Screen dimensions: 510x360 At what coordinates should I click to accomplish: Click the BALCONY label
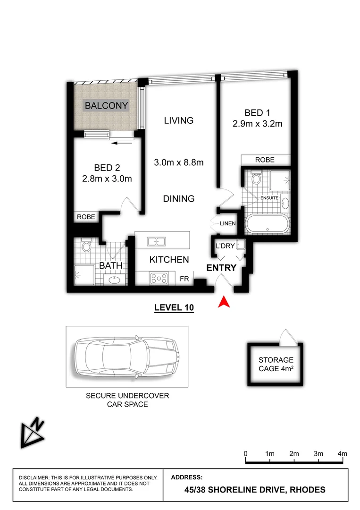point(106,105)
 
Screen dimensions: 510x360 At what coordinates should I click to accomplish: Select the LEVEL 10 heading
point(175,307)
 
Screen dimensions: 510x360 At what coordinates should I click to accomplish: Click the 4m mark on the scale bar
point(343,454)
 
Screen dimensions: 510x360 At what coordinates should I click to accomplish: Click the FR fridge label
point(184,279)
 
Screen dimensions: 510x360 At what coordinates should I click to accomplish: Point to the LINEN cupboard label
point(228,223)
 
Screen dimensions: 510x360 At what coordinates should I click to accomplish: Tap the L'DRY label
point(225,246)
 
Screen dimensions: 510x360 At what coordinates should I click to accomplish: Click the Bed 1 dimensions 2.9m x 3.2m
point(257,124)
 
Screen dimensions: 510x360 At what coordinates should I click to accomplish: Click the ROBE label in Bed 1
point(265,160)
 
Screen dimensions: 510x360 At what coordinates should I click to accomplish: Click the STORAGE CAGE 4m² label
point(276,364)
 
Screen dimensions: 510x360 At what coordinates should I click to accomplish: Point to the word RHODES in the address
point(308,490)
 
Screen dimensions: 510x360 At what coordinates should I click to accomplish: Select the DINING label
point(179,198)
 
